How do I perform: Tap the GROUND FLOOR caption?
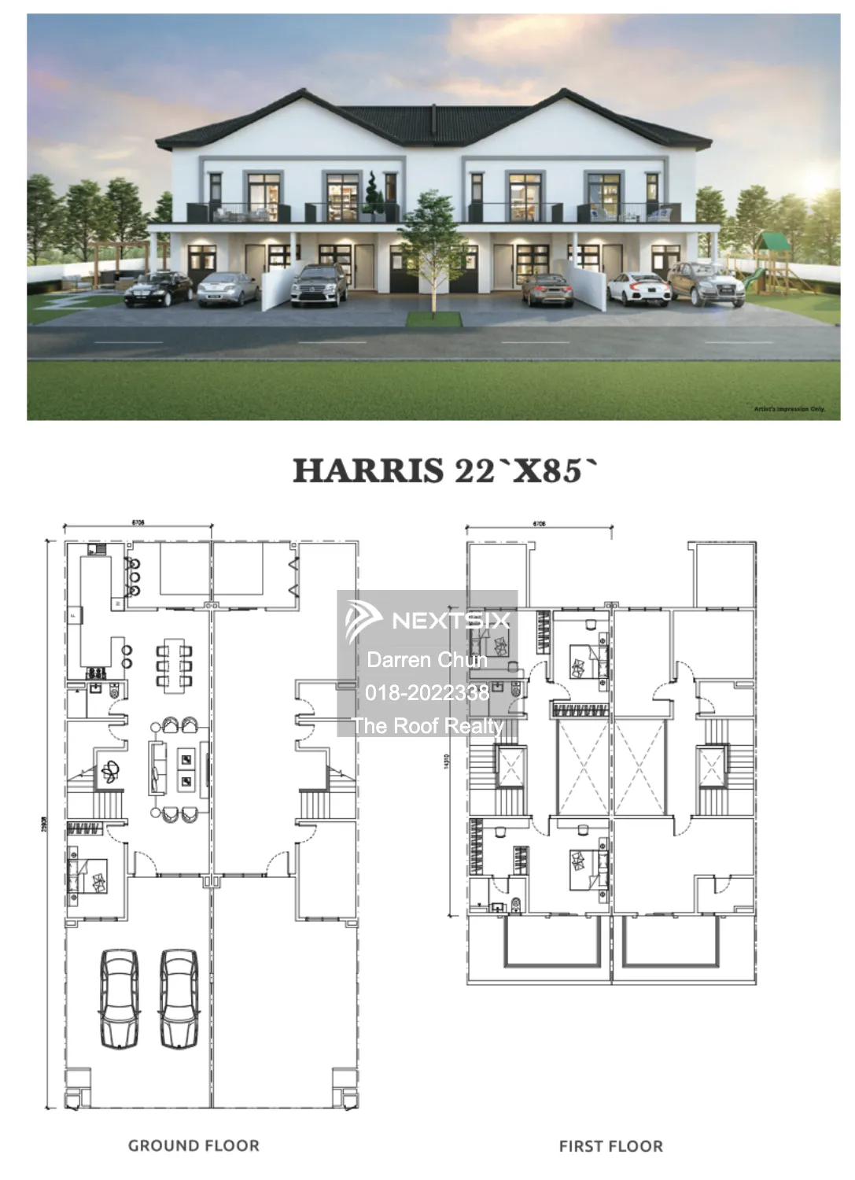tap(193, 1146)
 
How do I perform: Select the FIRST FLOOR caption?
tap(610, 1147)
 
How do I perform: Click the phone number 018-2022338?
tap(427, 692)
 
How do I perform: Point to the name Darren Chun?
tap(427, 659)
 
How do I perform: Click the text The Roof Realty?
tap(427, 725)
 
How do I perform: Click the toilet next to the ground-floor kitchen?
tap(115, 694)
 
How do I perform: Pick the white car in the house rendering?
tap(634, 289)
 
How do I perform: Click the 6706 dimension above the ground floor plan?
tap(138, 522)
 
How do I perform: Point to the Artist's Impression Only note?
tap(789, 410)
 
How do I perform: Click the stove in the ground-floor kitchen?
tap(97, 673)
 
